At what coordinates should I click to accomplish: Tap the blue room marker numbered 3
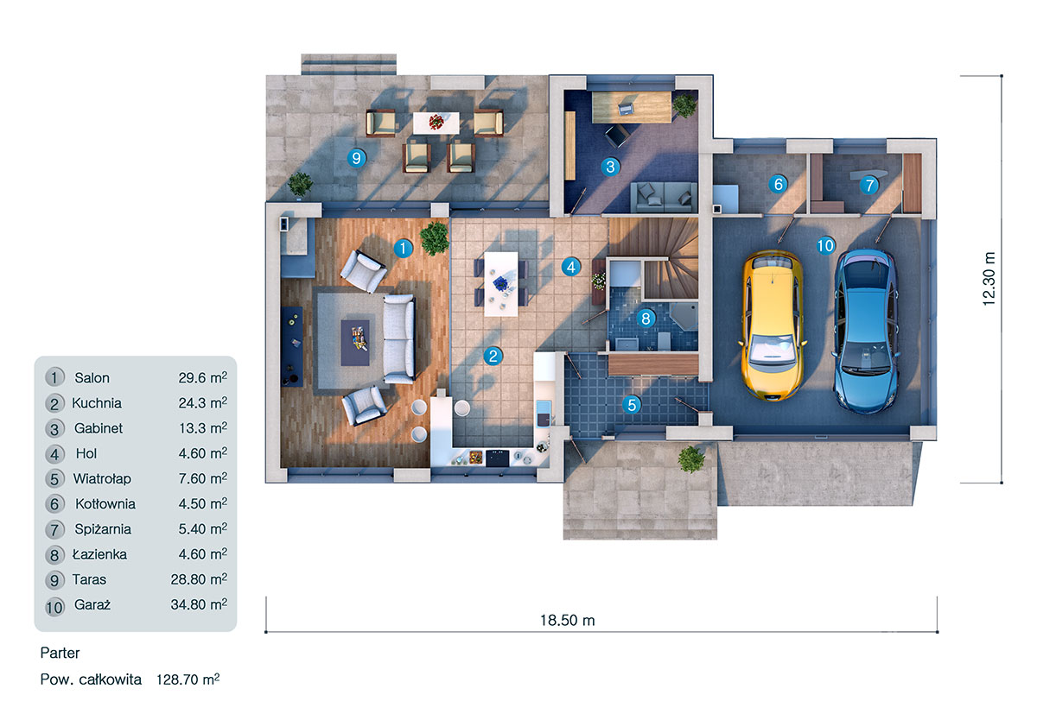(x=610, y=167)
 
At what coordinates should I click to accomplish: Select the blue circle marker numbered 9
(x=354, y=157)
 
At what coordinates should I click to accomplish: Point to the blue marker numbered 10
(x=824, y=246)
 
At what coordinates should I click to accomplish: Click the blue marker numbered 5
(x=633, y=404)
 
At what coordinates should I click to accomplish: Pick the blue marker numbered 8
(x=646, y=318)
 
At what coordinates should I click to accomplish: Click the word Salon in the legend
(x=92, y=377)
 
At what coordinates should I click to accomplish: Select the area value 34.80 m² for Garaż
(x=199, y=605)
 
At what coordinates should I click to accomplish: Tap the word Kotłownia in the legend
(x=104, y=503)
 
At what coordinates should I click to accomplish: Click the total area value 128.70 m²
(x=187, y=680)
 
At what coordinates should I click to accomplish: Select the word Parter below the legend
(x=60, y=654)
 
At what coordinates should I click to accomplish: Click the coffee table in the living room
(x=355, y=336)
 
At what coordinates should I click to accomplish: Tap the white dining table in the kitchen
(x=500, y=282)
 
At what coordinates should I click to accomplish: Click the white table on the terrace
(x=436, y=122)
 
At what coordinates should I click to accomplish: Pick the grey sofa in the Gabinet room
(x=662, y=198)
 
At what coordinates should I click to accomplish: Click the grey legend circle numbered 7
(x=54, y=529)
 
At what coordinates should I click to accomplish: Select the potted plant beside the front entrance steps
(x=691, y=458)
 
